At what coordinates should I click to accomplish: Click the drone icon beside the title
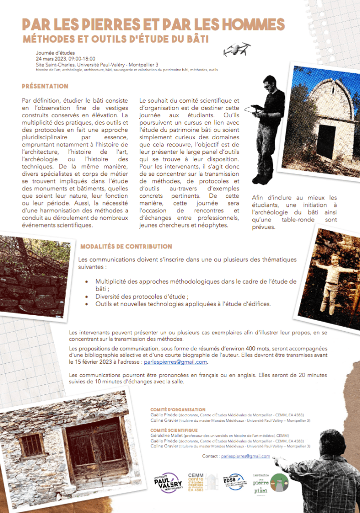coord(237,49)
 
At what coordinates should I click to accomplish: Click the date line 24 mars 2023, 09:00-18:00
coord(66,59)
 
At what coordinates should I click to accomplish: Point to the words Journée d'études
coord(55,53)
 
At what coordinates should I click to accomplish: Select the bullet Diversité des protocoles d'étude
coord(142,296)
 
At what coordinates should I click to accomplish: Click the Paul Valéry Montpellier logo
coord(167,483)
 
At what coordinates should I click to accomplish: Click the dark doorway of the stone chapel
coord(326,142)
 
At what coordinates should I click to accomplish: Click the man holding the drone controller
coord(268,125)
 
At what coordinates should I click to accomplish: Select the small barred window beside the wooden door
coord(32,445)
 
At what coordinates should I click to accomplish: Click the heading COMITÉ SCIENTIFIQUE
coord(173,430)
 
